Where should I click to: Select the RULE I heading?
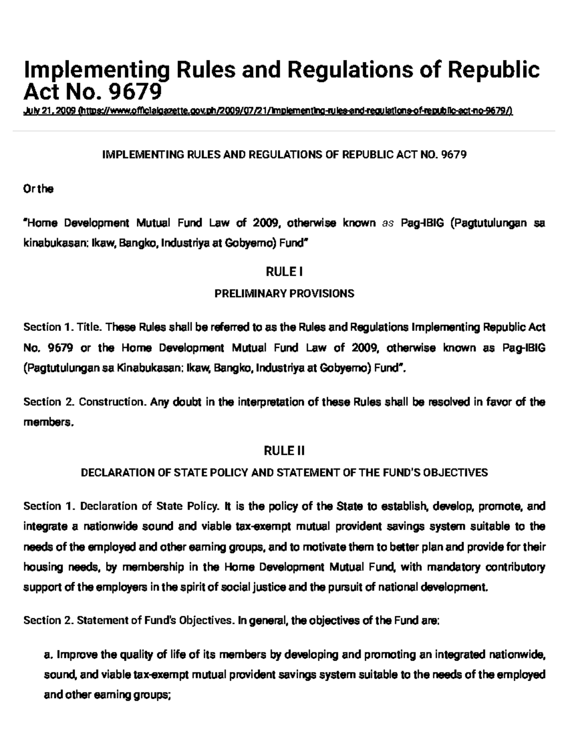284,272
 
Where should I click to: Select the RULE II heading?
284,451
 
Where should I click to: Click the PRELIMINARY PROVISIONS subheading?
284,293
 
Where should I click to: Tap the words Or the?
38,189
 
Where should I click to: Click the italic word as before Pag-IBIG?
388,223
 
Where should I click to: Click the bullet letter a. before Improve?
47,655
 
